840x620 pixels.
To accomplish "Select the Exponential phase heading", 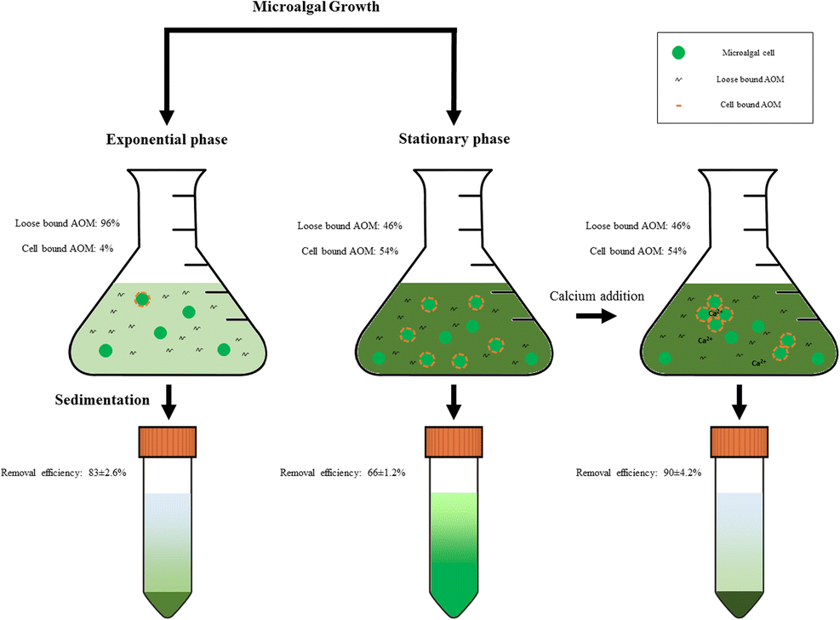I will pos(167,140).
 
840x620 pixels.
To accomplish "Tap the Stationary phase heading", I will pos(454,140).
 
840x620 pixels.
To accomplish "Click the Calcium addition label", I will pos(596,296).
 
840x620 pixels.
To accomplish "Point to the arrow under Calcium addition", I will pos(593,315).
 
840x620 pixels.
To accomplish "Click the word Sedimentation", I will pos(103,399).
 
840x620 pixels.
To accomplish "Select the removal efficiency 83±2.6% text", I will pos(64,472).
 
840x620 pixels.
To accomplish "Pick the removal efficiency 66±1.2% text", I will pos(342,472).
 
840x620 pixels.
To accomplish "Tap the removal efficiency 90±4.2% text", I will pos(638,472).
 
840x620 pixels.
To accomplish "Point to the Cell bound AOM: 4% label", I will pos(65,248).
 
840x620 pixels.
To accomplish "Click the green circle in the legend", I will pos(677,53).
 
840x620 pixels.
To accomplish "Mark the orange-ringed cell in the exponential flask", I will pos(142,299).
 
